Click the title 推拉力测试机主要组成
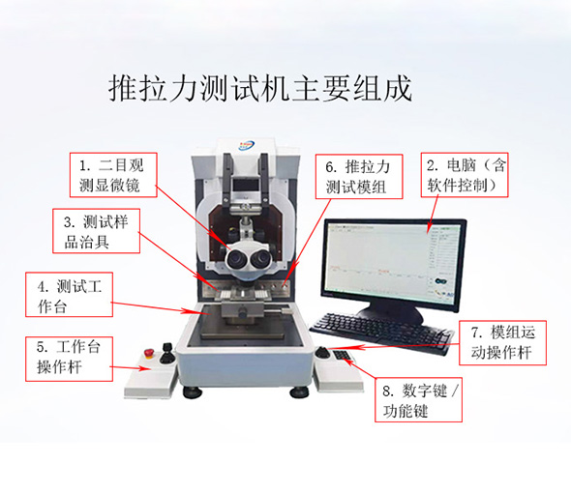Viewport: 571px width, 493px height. click(x=260, y=88)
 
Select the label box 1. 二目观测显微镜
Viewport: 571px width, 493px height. click(x=113, y=175)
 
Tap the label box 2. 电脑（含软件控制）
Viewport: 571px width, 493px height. click(x=465, y=175)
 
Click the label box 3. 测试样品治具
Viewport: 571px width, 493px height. click(x=96, y=231)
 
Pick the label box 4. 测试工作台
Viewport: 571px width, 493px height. click(x=69, y=294)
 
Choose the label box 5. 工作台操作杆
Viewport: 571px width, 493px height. click(x=69, y=359)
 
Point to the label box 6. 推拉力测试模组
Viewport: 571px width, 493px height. click(x=359, y=177)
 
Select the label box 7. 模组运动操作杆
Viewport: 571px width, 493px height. click(x=502, y=343)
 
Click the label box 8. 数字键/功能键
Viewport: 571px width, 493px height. click(x=418, y=400)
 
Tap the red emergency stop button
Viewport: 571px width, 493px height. click(x=149, y=353)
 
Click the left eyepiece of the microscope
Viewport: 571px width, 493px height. click(x=236, y=259)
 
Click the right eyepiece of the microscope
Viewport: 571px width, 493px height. click(x=259, y=258)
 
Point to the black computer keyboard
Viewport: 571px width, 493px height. click(x=381, y=333)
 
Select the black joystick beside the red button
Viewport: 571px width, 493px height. click(x=166, y=353)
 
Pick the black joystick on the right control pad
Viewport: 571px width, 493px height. click(x=322, y=353)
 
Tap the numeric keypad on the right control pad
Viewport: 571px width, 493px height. click(x=343, y=356)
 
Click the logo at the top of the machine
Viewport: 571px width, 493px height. click(x=247, y=146)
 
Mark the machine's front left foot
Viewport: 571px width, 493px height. click(x=193, y=391)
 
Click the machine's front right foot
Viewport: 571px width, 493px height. click(x=299, y=392)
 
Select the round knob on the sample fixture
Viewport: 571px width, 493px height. click(x=242, y=312)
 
